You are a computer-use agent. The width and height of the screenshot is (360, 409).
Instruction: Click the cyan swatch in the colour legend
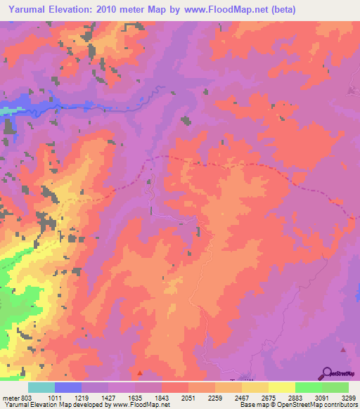(41, 387)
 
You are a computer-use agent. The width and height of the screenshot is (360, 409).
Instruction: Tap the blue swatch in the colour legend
(67, 387)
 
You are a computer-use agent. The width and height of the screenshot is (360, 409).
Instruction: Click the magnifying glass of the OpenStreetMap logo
(327, 372)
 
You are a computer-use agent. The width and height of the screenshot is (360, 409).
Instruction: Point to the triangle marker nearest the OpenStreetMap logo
(343, 349)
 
